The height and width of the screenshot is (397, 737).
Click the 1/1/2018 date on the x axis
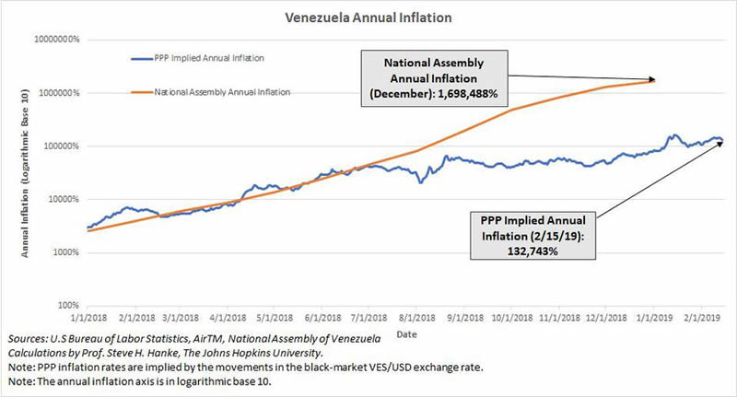pyautogui.click(x=88, y=315)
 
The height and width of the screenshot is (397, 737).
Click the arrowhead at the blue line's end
pyautogui.click(x=721, y=143)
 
